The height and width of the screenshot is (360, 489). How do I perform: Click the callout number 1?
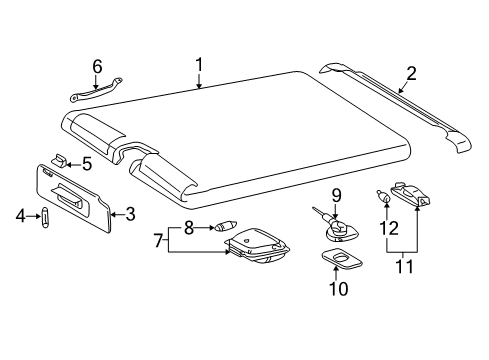199,65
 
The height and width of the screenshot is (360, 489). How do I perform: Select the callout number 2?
411,73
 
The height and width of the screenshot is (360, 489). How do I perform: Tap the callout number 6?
97,67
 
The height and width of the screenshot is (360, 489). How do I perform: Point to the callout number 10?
339,288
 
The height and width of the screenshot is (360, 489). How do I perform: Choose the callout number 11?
404,266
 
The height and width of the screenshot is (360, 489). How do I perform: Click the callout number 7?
158,240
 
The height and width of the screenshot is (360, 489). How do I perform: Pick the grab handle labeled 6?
96,91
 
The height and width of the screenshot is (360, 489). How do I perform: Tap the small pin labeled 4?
45,217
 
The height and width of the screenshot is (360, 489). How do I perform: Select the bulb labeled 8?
227,227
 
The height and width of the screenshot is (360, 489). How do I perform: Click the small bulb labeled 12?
384,197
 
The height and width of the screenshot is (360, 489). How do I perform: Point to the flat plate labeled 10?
342,258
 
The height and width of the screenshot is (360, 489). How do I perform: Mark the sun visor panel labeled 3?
73,198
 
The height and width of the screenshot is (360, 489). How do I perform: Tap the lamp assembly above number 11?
410,194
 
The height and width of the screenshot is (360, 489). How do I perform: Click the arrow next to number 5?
73,165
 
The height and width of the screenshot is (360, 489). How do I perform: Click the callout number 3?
130,214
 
